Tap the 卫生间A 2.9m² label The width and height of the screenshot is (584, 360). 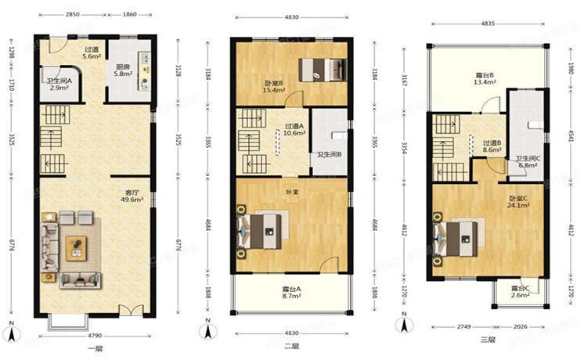pos(59,85)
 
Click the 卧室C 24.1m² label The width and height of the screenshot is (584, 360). pos(520,203)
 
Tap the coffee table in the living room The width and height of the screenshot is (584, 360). pos(77,246)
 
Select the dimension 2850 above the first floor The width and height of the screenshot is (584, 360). pos(73,15)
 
